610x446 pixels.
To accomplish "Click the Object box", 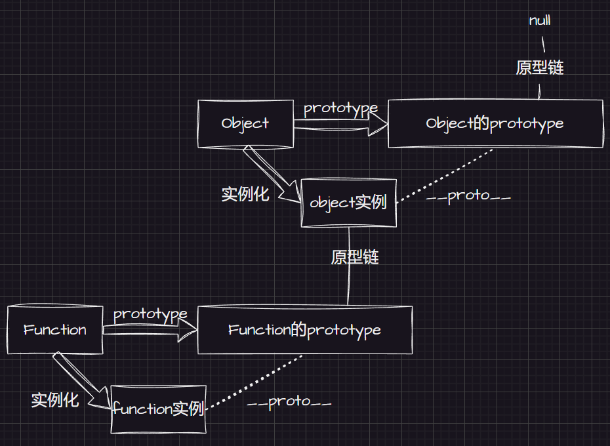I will coord(245,123).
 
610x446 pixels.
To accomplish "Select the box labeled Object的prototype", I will coord(495,123).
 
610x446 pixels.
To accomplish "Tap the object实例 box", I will coord(348,203).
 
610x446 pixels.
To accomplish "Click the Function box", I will coord(55,330).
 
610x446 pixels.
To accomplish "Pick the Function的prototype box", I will coord(305,329).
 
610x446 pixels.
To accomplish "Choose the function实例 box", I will coord(158,409).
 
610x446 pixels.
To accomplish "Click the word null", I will coord(540,20).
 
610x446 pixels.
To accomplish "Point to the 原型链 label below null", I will coord(540,68).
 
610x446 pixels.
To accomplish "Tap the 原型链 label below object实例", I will coord(355,257).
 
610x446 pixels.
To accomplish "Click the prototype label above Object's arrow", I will coord(340,108).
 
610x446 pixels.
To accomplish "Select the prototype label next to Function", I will coord(150,315).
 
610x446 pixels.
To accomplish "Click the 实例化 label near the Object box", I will coord(245,194).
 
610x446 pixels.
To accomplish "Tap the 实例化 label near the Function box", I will coord(55,400).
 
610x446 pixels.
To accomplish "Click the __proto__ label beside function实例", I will coord(289,401).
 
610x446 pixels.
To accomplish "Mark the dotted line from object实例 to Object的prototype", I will coord(446,174).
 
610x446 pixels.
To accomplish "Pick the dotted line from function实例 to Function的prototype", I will coord(256,382).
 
